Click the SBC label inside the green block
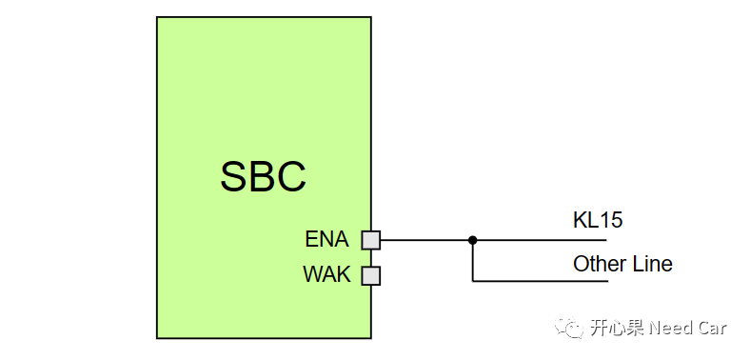[263, 176]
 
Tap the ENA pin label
[327, 239]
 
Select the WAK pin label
[326, 275]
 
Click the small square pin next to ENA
[370, 240]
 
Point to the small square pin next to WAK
[370, 276]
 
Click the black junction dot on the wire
[473, 240]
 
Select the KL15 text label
[598, 220]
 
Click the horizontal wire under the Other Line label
[571, 282]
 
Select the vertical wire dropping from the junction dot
[473, 262]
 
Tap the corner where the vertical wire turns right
[473, 282]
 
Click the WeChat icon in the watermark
[573, 328]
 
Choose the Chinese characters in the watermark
[617, 328]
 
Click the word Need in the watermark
[671, 328]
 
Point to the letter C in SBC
[291, 176]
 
